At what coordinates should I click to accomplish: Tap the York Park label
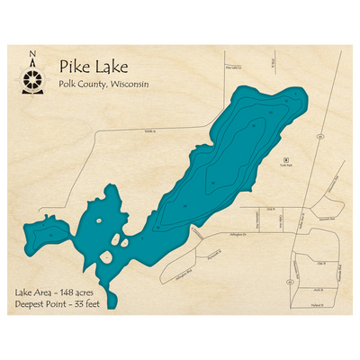286,166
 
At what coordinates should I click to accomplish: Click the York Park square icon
286,158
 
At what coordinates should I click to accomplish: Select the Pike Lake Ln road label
234,67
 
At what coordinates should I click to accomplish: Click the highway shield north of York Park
319,136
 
